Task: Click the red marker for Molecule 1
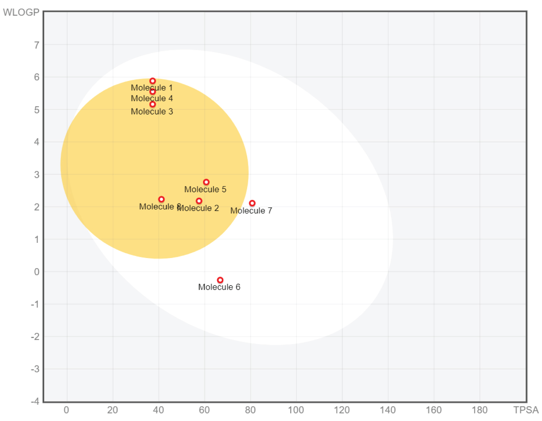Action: [x=152, y=81]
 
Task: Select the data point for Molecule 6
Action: [x=220, y=280]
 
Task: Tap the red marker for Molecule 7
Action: [x=252, y=203]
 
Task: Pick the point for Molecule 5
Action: [x=206, y=182]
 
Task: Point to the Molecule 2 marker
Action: [x=199, y=201]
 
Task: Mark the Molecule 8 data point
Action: [x=161, y=199]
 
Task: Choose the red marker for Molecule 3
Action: [x=152, y=104]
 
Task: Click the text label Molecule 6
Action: [x=219, y=287]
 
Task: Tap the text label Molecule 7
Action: [x=251, y=211]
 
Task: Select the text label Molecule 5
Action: [x=205, y=189]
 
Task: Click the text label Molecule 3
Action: [x=152, y=112]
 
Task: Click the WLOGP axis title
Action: [x=21, y=12]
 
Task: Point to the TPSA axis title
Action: [x=526, y=410]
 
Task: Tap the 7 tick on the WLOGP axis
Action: [x=36, y=45]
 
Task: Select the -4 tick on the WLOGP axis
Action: [x=35, y=401]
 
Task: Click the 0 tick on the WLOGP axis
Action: [x=36, y=272]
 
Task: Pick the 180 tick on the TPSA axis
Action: [x=479, y=410]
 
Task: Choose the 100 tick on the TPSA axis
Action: [x=296, y=410]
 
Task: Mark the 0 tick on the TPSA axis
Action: [x=66, y=410]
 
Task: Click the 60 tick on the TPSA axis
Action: [x=204, y=410]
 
